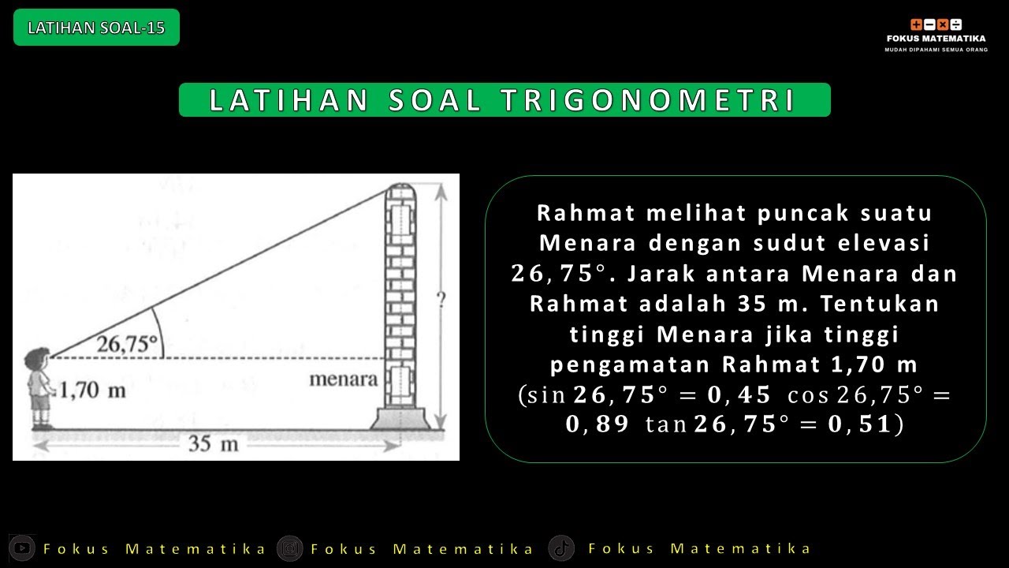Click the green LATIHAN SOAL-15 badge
coord(96,28)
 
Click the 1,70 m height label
coord(92,390)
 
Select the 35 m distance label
coord(214,444)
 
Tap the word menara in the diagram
coord(343,379)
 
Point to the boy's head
coord(37,360)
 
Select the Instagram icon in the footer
coord(290,547)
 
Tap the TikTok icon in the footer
coord(561,547)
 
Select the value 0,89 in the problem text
coord(597,424)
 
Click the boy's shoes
coord(43,426)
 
